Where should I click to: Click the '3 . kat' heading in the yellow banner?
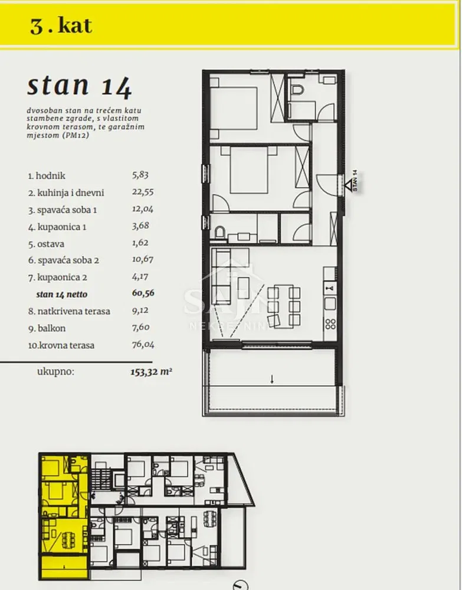[61, 26]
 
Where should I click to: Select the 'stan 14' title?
[80, 86]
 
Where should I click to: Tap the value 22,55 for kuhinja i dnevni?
[143, 192]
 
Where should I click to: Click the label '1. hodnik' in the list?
[47, 176]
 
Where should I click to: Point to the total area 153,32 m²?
[151, 372]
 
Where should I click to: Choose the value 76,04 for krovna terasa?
[143, 345]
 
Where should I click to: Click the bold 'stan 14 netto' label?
[62, 294]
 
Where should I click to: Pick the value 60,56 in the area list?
[143, 293]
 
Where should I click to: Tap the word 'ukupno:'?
[55, 372]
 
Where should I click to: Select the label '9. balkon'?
[47, 328]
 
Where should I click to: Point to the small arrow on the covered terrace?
[272, 379]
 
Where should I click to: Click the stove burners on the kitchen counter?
[330, 324]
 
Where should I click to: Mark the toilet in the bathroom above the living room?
[219, 233]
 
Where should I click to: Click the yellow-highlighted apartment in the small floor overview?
[64, 516]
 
